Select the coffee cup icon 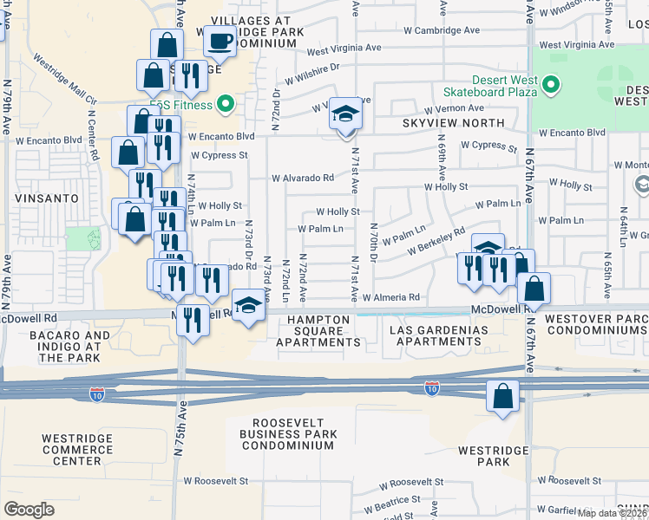(x=220, y=40)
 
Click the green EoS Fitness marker (x=226, y=106)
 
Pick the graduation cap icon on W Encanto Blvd (x=345, y=115)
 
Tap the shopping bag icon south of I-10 (x=502, y=397)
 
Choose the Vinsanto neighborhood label (x=41, y=198)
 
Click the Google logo (x=29, y=509)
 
